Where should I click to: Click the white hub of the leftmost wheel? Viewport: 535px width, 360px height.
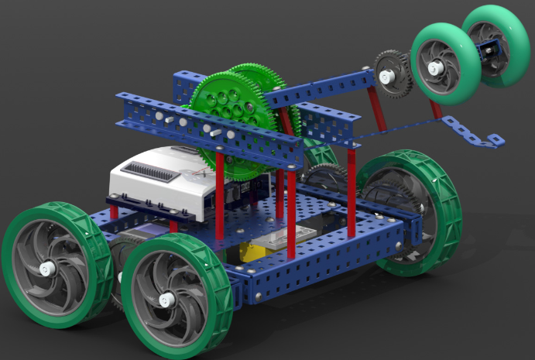(46, 269)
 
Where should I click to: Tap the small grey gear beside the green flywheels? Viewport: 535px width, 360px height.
(392, 74)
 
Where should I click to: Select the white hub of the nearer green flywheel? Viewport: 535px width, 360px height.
(435, 68)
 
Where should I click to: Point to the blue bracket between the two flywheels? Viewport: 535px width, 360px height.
(485, 55)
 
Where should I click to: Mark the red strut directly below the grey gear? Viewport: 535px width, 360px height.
(377, 108)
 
